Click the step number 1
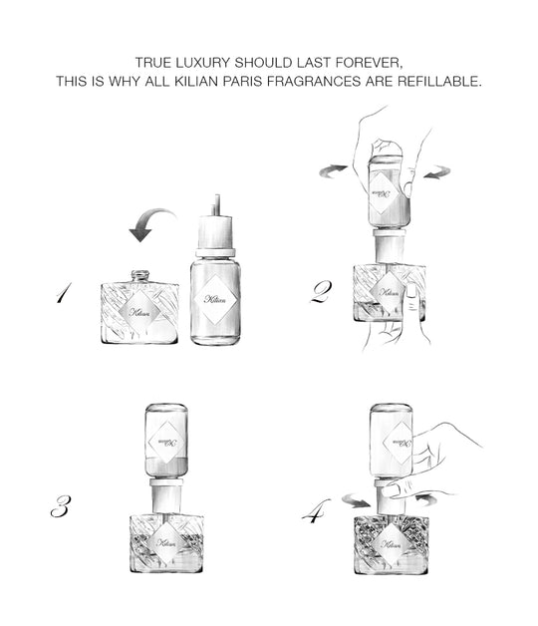[x=64, y=293]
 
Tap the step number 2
[x=321, y=292]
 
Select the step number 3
[x=62, y=506]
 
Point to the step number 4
[x=316, y=510]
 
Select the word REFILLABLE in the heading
[x=439, y=81]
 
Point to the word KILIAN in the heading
[x=196, y=81]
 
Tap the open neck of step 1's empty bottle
[x=140, y=275]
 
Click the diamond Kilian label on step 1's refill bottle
[x=215, y=299]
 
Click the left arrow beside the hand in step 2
[x=333, y=171]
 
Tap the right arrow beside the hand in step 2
[x=437, y=172]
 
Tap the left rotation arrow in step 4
[x=356, y=500]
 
